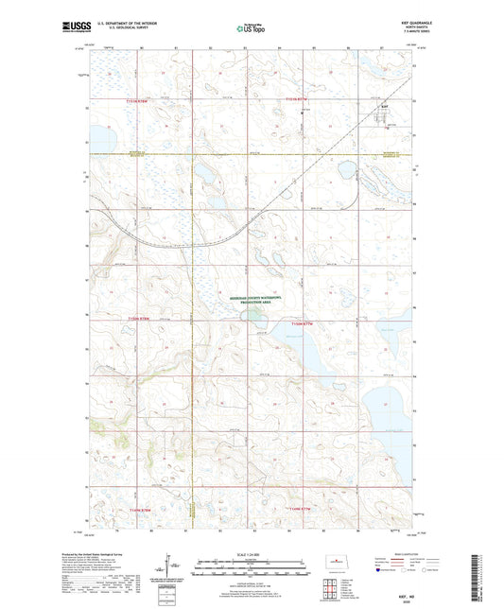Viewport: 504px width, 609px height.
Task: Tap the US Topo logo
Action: [248, 28]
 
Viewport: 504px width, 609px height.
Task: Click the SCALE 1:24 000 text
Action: [251, 553]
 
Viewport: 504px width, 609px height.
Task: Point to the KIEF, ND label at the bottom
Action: [404, 594]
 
